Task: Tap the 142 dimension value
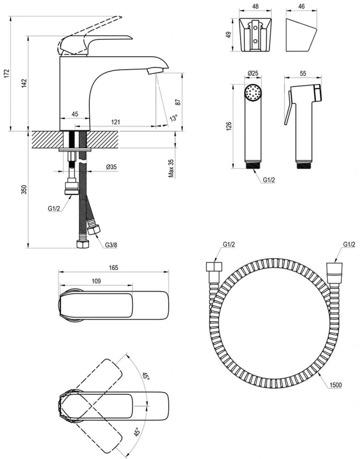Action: (25, 83)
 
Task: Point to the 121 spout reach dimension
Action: (116, 122)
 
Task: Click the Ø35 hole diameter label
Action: (111, 167)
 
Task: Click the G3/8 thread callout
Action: (112, 244)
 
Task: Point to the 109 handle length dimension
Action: (96, 281)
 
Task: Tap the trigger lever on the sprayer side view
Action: (287, 112)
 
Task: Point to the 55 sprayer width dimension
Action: (303, 74)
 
